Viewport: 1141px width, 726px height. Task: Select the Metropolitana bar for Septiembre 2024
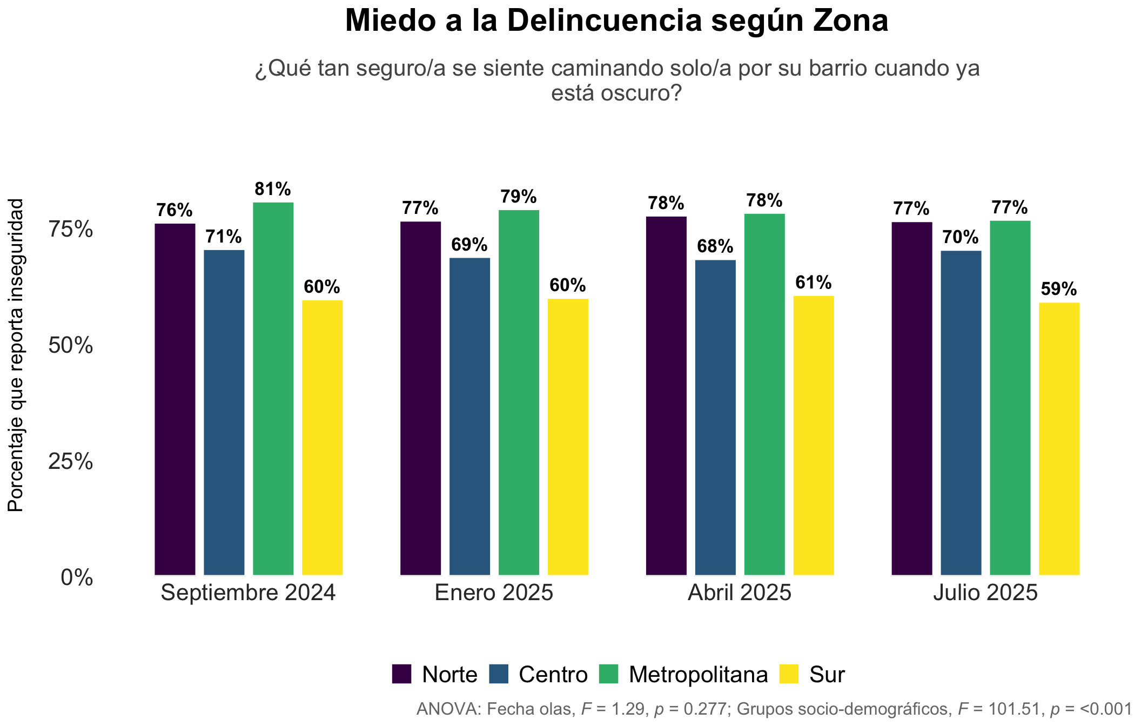tap(273, 389)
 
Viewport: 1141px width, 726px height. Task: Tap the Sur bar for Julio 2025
tap(1059, 439)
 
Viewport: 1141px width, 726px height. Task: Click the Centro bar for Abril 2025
tap(715, 418)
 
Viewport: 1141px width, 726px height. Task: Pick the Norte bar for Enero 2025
tap(421, 399)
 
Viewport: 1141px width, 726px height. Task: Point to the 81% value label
tap(273, 189)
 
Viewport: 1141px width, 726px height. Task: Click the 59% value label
tap(1059, 290)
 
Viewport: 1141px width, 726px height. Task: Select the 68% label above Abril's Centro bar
tap(715, 247)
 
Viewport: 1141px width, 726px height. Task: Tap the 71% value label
tap(224, 237)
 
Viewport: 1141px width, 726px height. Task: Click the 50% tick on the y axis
tap(71, 346)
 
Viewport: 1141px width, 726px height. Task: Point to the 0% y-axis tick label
tap(77, 578)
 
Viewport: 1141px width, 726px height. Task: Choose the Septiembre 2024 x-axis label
tap(249, 593)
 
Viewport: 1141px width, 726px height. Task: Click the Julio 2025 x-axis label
tap(986, 593)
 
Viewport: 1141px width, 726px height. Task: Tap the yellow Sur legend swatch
tap(789, 674)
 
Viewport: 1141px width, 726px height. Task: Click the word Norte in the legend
tap(449, 675)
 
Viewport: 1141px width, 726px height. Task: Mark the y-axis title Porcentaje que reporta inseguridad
tap(16, 355)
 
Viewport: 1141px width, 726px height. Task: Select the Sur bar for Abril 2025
tap(814, 436)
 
